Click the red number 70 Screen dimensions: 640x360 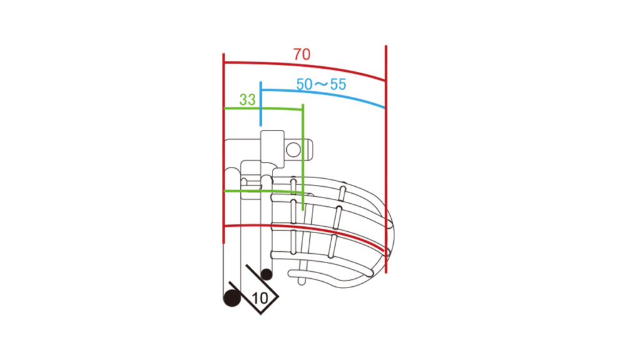click(302, 54)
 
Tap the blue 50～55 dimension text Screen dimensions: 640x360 click(321, 84)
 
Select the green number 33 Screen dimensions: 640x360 click(247, 99)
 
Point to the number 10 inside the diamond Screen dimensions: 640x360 click(260, 298)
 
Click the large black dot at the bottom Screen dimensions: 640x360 click(232, 297)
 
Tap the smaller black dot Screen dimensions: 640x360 click(266, 274)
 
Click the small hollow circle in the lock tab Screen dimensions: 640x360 click(293, 150)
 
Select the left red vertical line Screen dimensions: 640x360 click(224, 149)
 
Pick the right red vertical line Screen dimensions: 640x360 click(386, 159)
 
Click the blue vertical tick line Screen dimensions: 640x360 click(261, 104)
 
